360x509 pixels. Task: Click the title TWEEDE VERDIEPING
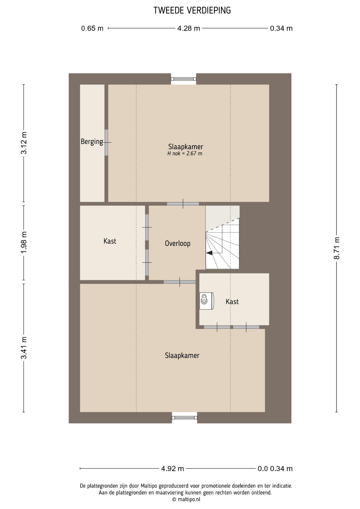coord(192,10)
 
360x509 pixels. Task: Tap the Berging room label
coord(92,142)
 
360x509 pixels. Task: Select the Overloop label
coord(178,243)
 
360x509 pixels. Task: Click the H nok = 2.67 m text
coord(185,153)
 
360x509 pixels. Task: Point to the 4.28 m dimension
coord(188,28)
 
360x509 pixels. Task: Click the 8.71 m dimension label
coord(337,248)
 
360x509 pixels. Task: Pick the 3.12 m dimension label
coord(24,143)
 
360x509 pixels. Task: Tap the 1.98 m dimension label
coord(24,242)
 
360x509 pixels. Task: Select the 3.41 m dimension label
coord(24,348)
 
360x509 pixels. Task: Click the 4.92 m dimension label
coord(173,468)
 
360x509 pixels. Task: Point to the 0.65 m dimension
coord(92,28)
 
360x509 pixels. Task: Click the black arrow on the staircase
coord(209,253)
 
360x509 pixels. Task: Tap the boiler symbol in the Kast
coord(207,301)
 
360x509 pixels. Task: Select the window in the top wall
coord(183,79)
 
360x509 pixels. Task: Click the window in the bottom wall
coord(185,418)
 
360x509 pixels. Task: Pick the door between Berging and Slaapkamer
coord(107,142)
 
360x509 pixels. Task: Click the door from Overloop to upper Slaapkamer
coord(183,204)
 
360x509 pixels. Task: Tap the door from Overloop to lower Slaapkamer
coord(180,282)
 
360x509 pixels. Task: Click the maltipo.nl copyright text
coord(186,499)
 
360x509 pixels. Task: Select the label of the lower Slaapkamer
coord(182,356)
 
